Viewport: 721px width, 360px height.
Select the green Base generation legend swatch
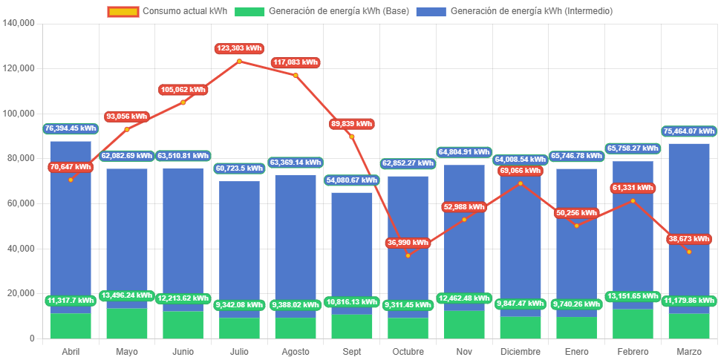[249, 11]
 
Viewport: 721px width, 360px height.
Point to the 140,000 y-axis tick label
[20, 23]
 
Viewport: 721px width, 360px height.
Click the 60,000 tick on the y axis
[22, 203]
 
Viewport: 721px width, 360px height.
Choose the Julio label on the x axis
[239, 350]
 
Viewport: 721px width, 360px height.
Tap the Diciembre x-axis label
[521, 350]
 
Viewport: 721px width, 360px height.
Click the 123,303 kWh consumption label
[239, 48]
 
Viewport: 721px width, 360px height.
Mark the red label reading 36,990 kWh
[408, 243]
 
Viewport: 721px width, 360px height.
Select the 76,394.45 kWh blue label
[71, 128]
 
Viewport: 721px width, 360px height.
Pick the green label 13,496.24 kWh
[127, 295]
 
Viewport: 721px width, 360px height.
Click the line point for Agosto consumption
[296, 75]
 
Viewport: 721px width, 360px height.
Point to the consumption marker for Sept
[352, 137]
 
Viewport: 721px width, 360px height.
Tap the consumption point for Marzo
[689, 252]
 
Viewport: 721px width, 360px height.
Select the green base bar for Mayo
[127, 324]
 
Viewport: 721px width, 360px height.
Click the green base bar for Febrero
[633, 324]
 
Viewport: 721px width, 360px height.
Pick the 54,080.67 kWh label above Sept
[352, 180]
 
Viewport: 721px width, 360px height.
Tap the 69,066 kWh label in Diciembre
[521, 171]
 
